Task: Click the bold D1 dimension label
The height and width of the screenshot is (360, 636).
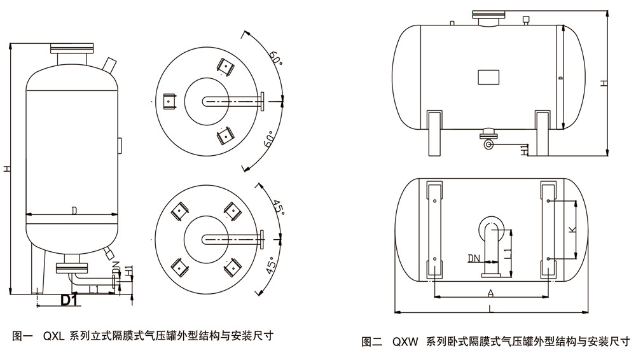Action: pyautogui.click(x=69, y=300)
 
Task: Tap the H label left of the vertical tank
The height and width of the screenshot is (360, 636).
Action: pyautogui.click(x=6, y=169)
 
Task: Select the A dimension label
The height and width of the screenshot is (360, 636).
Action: pyautogui.click(x=490, y=293)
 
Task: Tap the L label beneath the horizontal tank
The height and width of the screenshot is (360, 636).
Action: pyautogui.click(x=490, y=308)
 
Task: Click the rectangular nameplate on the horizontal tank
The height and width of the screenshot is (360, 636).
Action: pyautogui.click(x=490, y=77)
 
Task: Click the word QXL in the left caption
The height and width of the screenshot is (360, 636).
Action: pyautogui.click(x=53, y=335)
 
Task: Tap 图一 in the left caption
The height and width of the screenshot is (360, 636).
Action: pyautogui.click(x=23, y=335)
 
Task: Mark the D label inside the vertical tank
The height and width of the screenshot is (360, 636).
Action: pyautogui.click(x=74, y=210)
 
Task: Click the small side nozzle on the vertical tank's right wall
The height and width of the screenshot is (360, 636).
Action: pyautogui.click(x=119, y=144)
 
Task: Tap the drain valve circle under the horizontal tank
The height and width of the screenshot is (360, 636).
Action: pyautogui.click(x=488, y=144)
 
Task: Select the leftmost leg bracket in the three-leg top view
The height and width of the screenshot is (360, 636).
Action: pyautogui.click(x=169, y=101)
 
